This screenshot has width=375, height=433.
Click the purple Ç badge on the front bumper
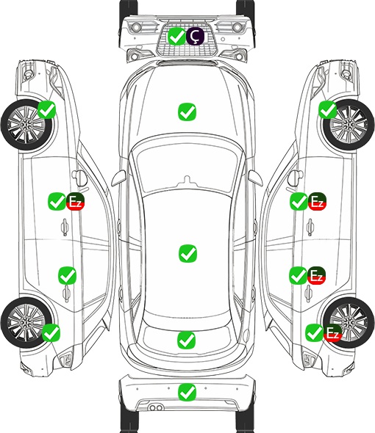pyautogui.click(x=195, y=36)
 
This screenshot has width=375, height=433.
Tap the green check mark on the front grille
pyautogui.click(x=176, y=36)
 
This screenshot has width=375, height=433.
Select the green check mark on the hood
pyautogui.click(x=187, y=112)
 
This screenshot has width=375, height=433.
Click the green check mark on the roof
pyautogui.click(x=187, y=253)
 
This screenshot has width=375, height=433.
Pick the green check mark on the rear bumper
pyautogui.click(x=187, y=392)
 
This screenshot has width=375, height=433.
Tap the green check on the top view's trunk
pyautogui.click(x=186, y=340)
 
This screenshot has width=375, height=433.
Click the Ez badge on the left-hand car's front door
pyautogui.click(x=75, y=202)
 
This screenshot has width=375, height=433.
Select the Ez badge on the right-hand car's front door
pyautogui.click(x=317, y=201)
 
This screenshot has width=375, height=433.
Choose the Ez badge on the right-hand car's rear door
pyautogui.click(x=317, y=275)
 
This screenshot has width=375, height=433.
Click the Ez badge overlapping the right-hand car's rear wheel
pyautogui.click(x=332, y=332)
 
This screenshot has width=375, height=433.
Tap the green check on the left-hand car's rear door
pyautogui.click(x=67, y=275)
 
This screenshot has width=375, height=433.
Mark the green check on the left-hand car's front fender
pyautogui.click(x=46, y=109)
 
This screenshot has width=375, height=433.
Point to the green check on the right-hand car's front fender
pyautogui.click(x=328, y=109)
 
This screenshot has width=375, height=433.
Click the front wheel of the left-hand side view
pyautogui.click(x=26, y=125)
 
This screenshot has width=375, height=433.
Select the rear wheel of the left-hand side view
pyautogui.click(x=26, y=322)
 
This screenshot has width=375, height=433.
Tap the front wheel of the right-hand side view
pyautogui.click(x=349, y=125)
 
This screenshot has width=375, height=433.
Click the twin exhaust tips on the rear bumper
pyautogui.click(x=156, y=408)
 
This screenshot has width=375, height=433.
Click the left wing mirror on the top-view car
pyautogui.click(x=118, y=178)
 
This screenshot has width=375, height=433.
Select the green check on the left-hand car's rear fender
pyautogui.click(x=51, y=332)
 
